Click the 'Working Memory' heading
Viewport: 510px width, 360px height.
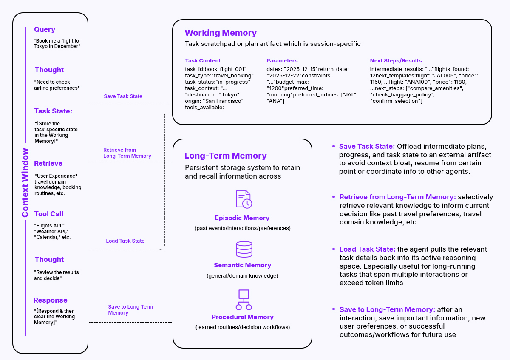221,33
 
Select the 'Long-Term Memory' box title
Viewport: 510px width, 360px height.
226,156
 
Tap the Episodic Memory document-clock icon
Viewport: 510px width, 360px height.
244,199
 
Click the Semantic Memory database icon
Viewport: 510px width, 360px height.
244,249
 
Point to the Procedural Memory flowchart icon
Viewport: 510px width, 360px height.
244,300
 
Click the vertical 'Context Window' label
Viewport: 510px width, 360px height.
25,182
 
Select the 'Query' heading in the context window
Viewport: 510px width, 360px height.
45,29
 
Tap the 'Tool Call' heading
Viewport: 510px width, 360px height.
49,214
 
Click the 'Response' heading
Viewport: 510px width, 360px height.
51,300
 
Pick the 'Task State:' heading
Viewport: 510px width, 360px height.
53,111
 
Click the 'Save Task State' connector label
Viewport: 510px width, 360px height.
123,96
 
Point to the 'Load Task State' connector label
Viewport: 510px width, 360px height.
125,241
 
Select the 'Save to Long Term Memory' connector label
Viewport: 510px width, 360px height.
130,309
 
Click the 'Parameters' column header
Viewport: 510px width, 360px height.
282,60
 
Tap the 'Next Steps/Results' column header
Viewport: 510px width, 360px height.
396,60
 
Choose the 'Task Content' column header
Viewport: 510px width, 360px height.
203,60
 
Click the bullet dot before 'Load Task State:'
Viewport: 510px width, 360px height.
334,249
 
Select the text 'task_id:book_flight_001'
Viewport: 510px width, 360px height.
215,69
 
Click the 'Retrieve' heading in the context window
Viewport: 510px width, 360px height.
48,163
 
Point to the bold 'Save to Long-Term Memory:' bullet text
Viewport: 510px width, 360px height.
387,309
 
